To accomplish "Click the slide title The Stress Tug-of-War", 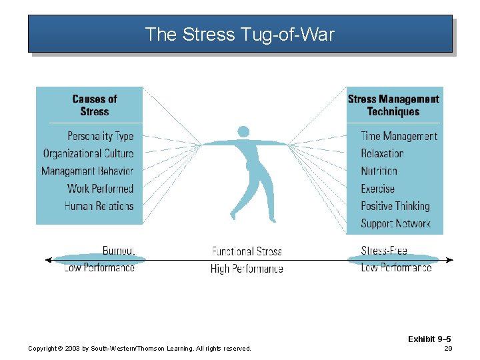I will click(x=239, y=34).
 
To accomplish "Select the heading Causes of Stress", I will click(x=94, y=105).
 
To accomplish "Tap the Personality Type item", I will click(x=101, y=136).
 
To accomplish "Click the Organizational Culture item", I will click(x=88, y=153).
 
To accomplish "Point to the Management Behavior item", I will click(x=87, y=171).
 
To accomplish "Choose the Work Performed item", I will click(x=101, y=189).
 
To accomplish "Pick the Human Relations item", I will click(x=99, y=206).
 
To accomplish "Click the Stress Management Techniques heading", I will click(x=393, y=105).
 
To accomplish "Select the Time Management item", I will click(x=399, y=136).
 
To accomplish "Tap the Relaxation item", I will click(x=382, y=153).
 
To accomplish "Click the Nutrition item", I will click(x=379, y=171).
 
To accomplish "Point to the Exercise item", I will click(x=377, y=189).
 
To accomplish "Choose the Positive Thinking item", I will click(x=395, y=206).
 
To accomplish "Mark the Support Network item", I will click(x=395, y=224).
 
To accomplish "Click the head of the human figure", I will click(x=243, y=132).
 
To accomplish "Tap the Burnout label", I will click(x=118, y=251).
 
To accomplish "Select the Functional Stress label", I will click(x=247, y=251).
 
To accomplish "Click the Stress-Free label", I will click(x=384, y=251).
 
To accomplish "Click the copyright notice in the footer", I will click(x=140, y=349).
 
